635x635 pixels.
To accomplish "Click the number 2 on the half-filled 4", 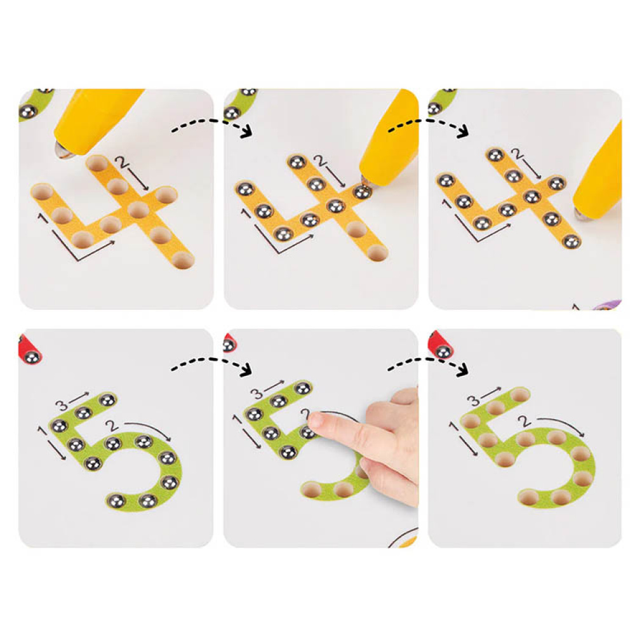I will pos(323,163).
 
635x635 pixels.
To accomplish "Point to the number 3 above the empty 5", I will pos(473,400).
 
